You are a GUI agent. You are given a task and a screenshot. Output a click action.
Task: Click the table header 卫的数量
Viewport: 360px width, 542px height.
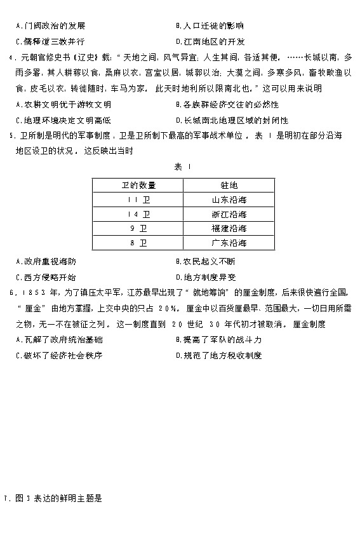click(138, 186)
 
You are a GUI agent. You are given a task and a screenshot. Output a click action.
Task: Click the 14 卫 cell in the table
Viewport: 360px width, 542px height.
click(138, 215)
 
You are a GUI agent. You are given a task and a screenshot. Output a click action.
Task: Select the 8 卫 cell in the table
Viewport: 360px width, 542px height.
click(138, 243)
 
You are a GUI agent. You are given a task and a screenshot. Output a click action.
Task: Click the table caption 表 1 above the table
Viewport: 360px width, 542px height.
click(178, 167)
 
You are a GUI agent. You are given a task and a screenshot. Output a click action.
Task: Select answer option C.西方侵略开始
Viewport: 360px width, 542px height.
click(48, 276)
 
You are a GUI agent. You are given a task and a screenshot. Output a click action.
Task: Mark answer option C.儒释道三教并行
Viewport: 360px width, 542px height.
click(51, 41)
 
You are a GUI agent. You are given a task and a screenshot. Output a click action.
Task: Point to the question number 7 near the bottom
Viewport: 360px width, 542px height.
click(5, 499)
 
